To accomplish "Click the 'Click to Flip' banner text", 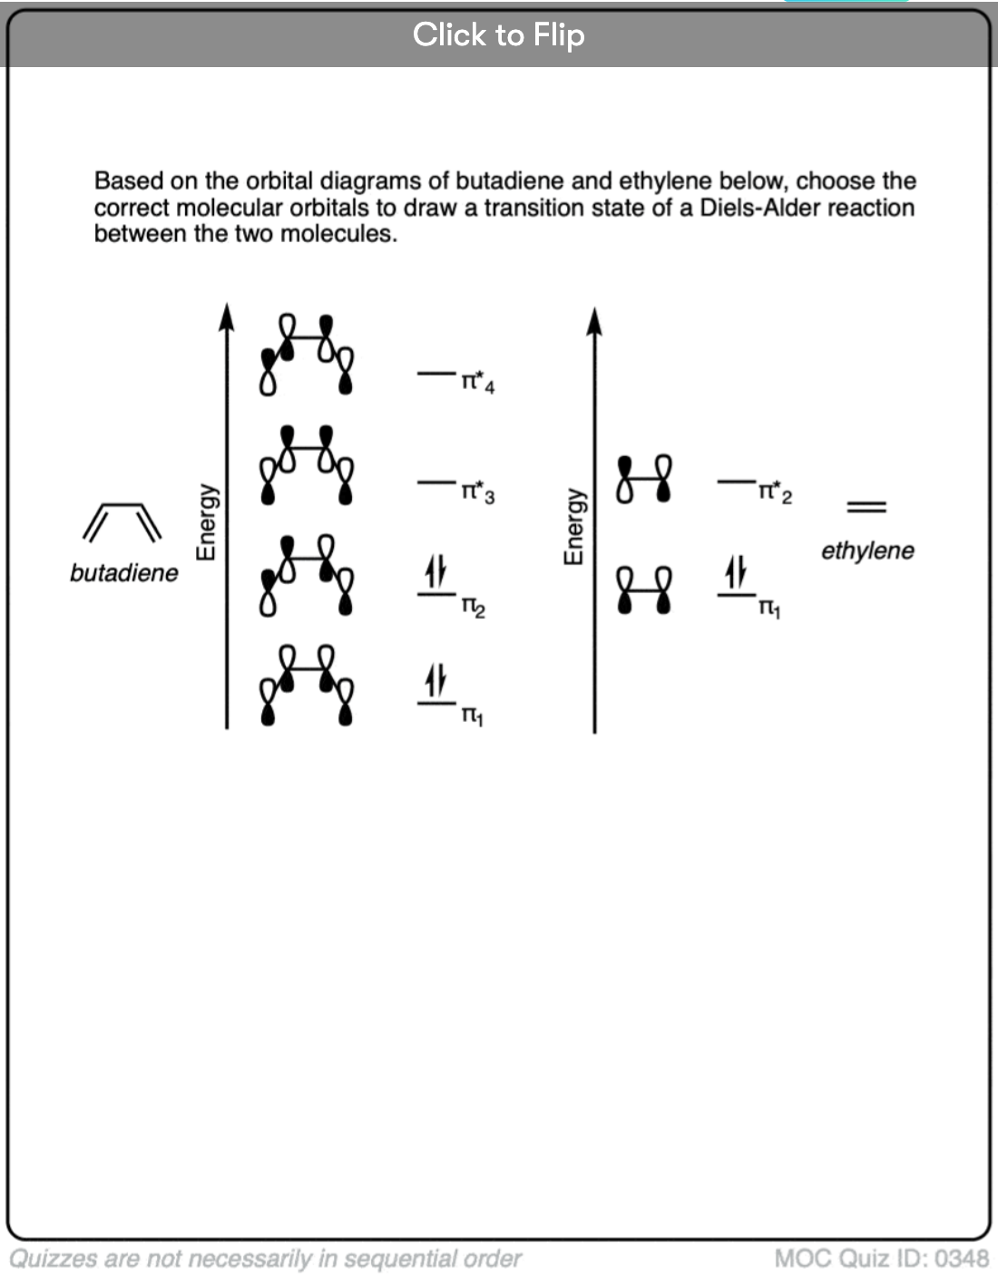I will (x=498, y=35).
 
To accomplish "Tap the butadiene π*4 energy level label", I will (x=477, y=383).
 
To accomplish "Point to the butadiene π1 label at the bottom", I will (x=472, y=716).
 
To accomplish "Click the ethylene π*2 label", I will (x=775, y=492).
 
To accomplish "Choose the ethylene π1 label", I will (x=769, y=609).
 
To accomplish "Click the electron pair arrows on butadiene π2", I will (x=436, y=571).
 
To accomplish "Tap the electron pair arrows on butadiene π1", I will (x=436, y=680).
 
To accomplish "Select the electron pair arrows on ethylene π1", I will (x=736, y=571).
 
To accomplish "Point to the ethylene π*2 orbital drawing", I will (x=644, y=479).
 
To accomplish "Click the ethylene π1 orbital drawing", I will (x=644, y=590).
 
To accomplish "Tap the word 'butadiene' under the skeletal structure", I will (x=124, y=573).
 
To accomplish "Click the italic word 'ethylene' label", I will (x=867, y=551).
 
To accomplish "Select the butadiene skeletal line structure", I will (x=123, y=522).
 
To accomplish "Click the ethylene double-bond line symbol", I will (x=866, y=507).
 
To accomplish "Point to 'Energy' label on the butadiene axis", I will (x=207, y=522).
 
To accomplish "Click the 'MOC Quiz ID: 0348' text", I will (x=881, y=1259).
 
